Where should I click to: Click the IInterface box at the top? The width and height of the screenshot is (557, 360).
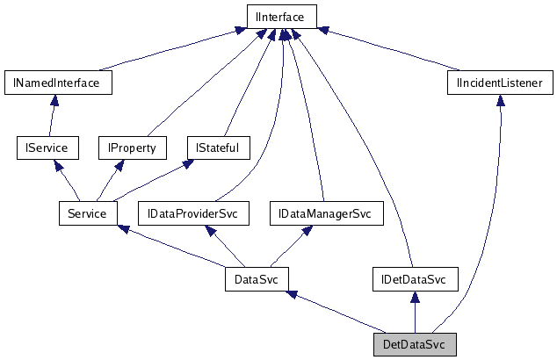280,15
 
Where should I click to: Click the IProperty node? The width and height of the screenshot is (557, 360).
132,148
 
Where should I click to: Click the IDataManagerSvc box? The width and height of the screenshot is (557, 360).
325,213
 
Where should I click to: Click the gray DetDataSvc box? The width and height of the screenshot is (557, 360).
415,344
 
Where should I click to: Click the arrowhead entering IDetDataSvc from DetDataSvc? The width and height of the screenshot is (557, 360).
414,299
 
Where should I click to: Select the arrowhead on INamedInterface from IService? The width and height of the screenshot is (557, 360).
54,102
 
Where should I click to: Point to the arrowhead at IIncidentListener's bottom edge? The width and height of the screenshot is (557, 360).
500,102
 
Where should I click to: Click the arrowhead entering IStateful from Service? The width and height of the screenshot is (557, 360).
188,165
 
